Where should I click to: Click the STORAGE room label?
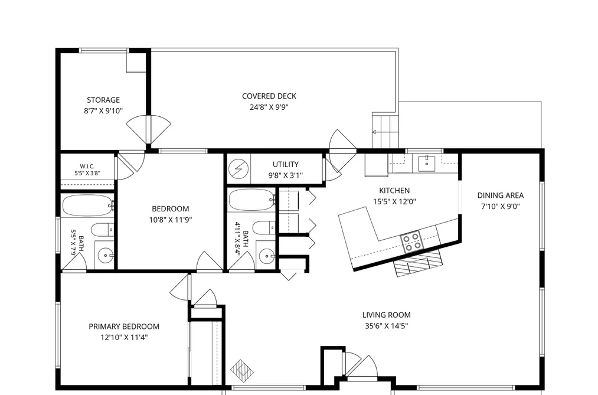[103, 100]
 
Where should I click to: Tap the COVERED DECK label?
[269, 96]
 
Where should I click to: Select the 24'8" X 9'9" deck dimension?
[269, 107]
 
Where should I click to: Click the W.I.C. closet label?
[87, 167]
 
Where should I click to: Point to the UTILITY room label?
[285, 164]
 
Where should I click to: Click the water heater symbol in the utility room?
[238, 168]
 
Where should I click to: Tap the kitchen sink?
[426, 163]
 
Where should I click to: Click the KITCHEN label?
[394, 191]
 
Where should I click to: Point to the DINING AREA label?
[501, 195]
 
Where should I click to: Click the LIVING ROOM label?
[386, 315]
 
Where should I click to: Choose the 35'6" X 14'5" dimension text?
[386, 326]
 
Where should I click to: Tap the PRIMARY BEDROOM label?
[124, 327]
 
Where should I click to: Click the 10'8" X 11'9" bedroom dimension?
[171, 220]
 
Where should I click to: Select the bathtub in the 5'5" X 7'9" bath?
[88, 206]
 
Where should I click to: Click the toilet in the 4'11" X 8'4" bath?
[264, 228]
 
